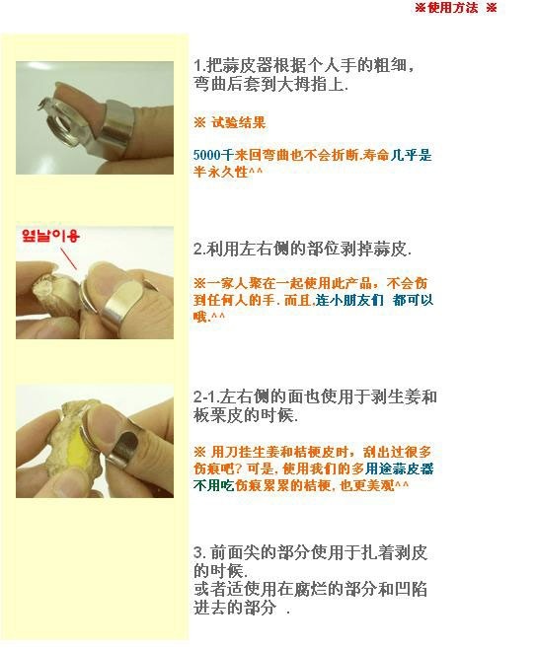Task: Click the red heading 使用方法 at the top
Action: click(452, 8)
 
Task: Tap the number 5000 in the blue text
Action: click(206, 156)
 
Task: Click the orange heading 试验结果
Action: click(239, 122)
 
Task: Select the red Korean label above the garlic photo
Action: click(50, 236)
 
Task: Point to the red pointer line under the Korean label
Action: click(69, 258)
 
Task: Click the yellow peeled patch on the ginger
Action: click(77, 451)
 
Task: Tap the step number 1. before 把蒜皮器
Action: click(199, 66)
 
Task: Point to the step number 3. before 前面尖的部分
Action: click(199, 552)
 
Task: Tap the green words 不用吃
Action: click(213, 484)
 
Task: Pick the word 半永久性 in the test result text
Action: click(221, 172)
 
